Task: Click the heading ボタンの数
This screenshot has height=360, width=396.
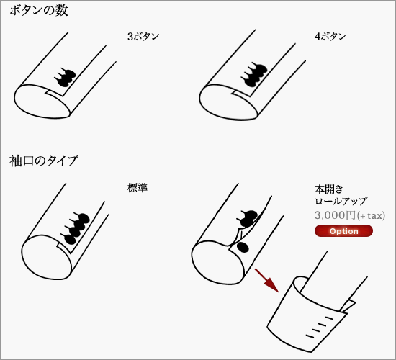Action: [x=39, y=11]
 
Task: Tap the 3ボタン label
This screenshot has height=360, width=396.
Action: [x=143, y=37]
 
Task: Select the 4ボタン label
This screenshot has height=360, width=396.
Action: [x=330, y=37]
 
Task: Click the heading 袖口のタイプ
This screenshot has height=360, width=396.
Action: [x=43, y=161]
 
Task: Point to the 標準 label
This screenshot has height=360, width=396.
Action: [x=138, y=188]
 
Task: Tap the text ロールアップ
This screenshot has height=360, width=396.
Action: [x=341, y=202]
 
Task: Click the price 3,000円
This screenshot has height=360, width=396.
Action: [x=335, y=215]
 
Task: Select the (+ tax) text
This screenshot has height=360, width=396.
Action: [x=371, y=215]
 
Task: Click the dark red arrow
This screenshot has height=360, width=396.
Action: [x=267, y=281]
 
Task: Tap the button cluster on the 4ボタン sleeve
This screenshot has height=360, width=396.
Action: [x=254, y=74]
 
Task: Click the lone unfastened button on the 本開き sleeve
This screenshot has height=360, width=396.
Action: [x=243, y=248]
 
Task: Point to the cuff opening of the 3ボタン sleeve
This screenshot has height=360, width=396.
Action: [x=42, y=102]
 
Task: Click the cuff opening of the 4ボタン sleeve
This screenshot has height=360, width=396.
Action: [x=228, y=102]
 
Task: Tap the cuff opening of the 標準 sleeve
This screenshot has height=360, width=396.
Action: [x=47, y=257]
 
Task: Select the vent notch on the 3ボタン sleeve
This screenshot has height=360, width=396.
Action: [x=54, y=94]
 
